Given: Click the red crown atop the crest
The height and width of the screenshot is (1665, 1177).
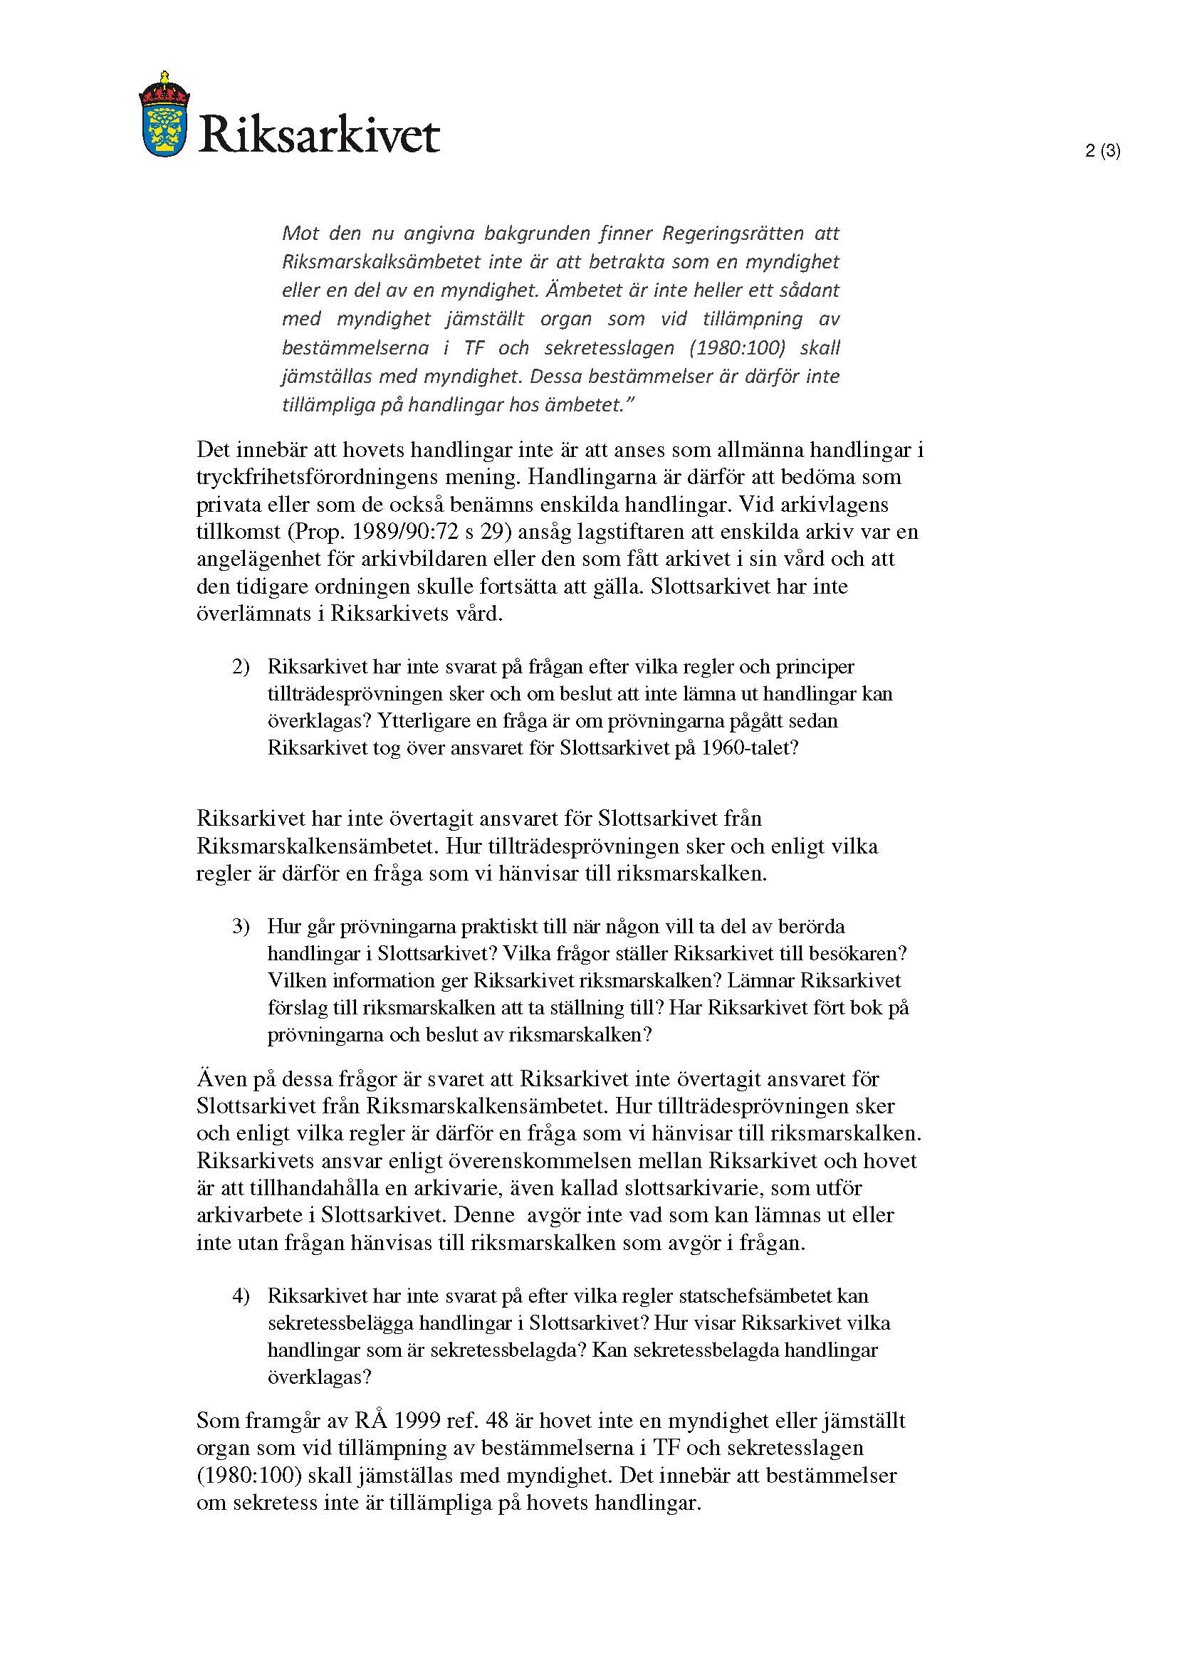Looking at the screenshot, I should [164, 88].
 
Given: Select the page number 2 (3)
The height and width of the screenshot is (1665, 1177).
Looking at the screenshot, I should [1102, 152].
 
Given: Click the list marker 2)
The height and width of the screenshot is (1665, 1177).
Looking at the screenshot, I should [241, 667].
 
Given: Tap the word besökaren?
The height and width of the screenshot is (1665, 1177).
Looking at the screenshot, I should [861, 953].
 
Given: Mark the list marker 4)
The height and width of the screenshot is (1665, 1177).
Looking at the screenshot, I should [241, 1296].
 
